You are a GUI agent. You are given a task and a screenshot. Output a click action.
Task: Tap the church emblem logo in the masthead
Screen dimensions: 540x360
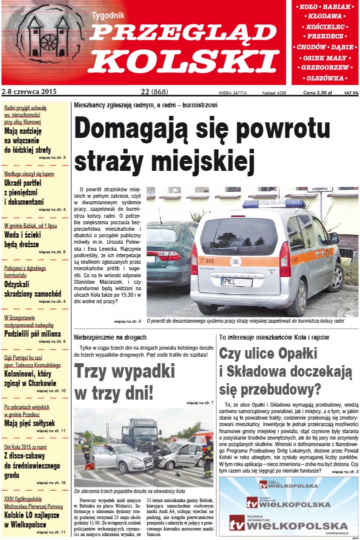(48, 37)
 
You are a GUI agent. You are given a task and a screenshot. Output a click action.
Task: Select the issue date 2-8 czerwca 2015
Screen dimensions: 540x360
(29, 92)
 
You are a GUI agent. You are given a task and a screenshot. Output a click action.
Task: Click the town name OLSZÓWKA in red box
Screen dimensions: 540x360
(325, 78)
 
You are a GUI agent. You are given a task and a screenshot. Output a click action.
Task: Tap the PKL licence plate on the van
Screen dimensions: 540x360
(236, 282)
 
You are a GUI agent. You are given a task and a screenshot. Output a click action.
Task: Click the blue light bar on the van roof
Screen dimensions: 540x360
(273, 203)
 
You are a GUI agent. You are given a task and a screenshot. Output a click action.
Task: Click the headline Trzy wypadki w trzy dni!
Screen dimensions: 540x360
(124, 382)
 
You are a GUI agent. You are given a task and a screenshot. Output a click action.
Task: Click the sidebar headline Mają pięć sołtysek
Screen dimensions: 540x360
(29, 423)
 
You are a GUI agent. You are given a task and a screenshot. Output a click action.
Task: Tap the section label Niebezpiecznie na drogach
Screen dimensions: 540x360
(110, 338)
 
